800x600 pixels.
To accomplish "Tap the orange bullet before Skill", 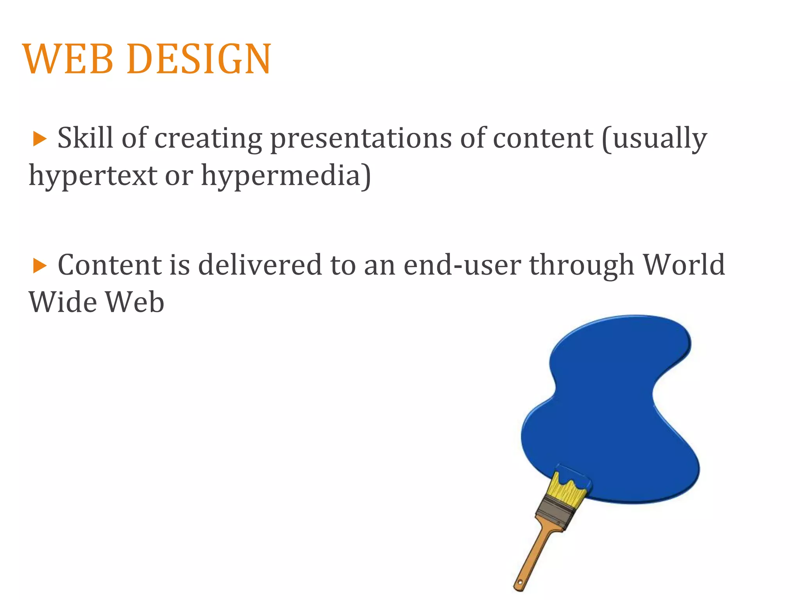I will point(39,139).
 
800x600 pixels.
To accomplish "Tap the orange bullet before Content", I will point(39,266).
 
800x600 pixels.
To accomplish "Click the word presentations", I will point(361,139).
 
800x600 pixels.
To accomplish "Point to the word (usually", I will point(654,139).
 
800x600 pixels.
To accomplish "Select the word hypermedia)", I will point(286,176).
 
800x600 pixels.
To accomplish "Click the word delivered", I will point(259,265).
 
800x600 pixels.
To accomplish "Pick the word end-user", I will point(462,265).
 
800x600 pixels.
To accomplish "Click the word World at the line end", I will point(684,265).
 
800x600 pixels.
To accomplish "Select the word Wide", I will point(62,302).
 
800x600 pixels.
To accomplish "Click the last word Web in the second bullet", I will point(135,302).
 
